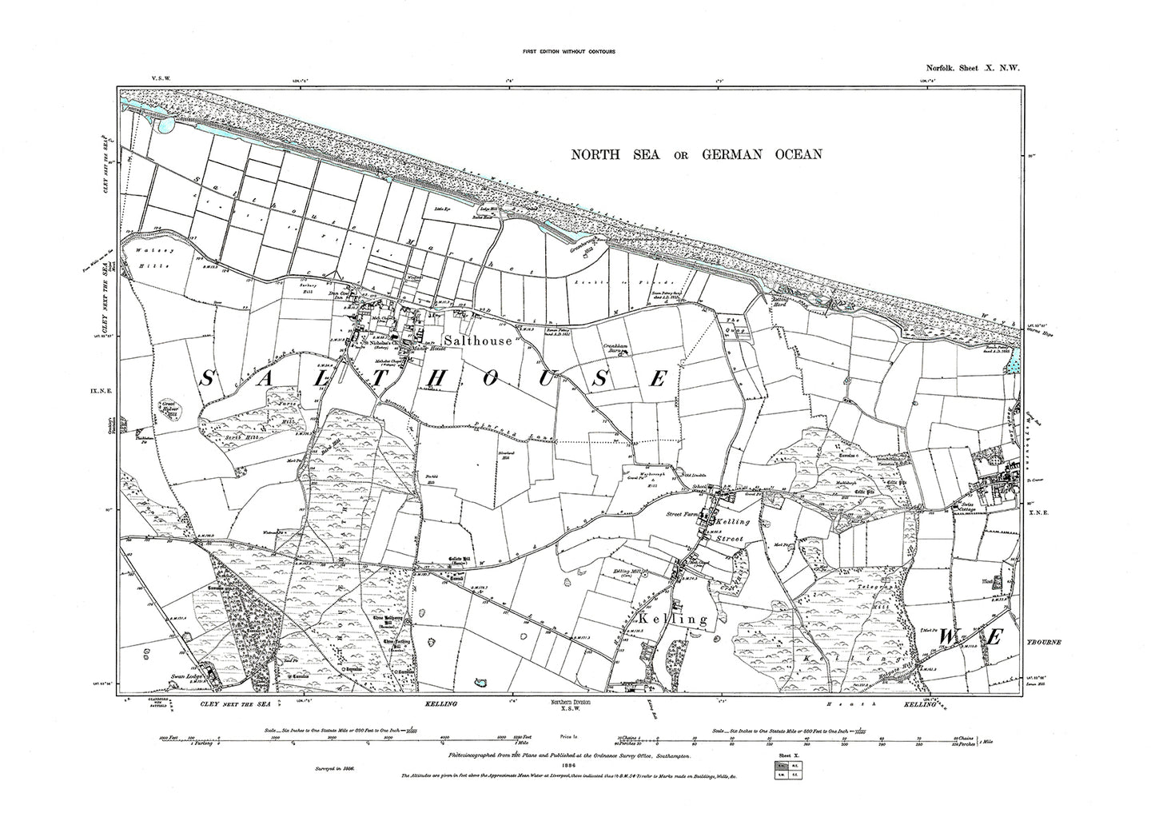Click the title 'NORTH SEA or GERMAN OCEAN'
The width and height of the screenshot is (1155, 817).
696,154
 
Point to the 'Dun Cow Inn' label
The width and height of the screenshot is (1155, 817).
341,295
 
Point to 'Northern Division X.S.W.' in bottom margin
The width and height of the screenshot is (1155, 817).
570,705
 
